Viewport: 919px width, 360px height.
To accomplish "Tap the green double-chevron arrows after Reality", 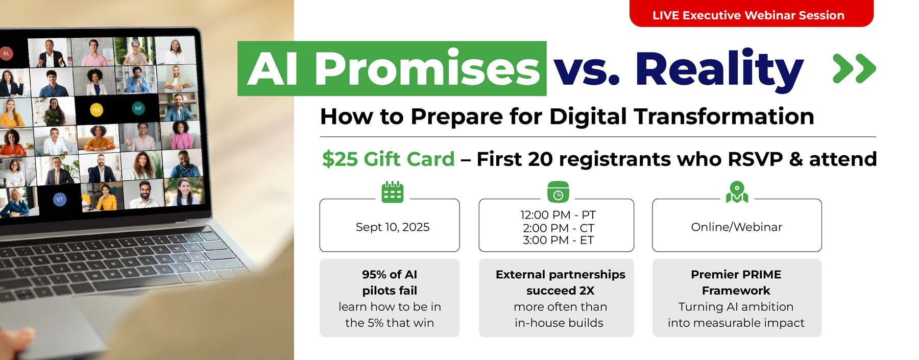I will [x=854, y=68].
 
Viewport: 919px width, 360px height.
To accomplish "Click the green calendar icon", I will [x=393, y=192].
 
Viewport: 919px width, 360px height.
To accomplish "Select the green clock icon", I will [x=558, y=192].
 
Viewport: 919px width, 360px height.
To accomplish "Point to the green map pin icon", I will [x=737, y=192].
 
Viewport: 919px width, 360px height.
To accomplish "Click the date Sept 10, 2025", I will [x=392, y=227].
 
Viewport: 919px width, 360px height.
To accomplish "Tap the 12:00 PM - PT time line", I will [x=558, y=215].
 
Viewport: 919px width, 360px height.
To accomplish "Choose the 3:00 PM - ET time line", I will [x=558, y=240].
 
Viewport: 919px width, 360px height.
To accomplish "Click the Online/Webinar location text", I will [x=736, y=227].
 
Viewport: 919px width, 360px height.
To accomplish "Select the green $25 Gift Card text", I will [x=388, y=159].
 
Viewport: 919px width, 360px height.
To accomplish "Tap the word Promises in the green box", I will [x=427, y=69].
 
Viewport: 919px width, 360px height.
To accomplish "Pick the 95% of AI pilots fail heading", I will [x=390, y=282].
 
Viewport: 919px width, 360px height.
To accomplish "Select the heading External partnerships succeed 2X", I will [x=560, y=282].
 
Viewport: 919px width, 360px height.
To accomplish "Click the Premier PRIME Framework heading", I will [x=736, y=282].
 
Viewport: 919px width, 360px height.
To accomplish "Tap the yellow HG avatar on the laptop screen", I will [x=96, y=110].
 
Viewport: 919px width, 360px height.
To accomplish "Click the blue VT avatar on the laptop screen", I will [x=60, y=199].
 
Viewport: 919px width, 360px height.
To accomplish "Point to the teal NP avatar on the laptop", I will [x=138, y=108].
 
